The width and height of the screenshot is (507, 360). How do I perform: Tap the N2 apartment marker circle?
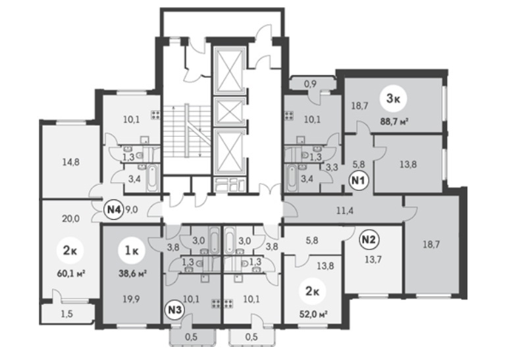pyautogui.click(x=369, y=240)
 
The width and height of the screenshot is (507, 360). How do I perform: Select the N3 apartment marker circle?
pyautogui.click(x=175, y=310)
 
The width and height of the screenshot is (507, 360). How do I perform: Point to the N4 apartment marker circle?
pyautogui.click(x=114, y=209)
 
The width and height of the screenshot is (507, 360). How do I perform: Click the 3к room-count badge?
pyautogui.click(x=393, y=99)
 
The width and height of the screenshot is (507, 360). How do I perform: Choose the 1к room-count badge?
pyautogui.click(x=132, y=251)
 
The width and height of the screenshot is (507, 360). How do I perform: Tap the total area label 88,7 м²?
pyautogui.click(x=394, y=122)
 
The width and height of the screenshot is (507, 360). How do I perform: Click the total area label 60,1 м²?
pyautogui.click(x=72, y=274)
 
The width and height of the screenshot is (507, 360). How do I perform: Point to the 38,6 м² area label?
pyautogui.click(x=133, y=274)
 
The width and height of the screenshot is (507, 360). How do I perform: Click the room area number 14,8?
pyautogui.click(x=71, y=162)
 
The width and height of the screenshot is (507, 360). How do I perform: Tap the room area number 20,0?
pyautogui.click(x=70, y=219)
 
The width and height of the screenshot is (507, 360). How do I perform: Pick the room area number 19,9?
pyautogui.click(x=131, y=299)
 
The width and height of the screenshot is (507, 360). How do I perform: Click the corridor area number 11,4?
pyautogui.click(x=345, y=211)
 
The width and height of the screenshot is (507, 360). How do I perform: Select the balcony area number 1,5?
pyautogui.click(x=67, y=314)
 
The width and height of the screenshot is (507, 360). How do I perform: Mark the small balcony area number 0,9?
pyautogui.click(x=310, y=84)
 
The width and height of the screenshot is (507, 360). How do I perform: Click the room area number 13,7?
pyautogui.click(x=373, y=259)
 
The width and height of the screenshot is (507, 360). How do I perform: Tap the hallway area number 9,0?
pyautogui.click(x=132, y=210)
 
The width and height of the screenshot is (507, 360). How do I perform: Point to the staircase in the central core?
pyautogui.click(x=186, y=131)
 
